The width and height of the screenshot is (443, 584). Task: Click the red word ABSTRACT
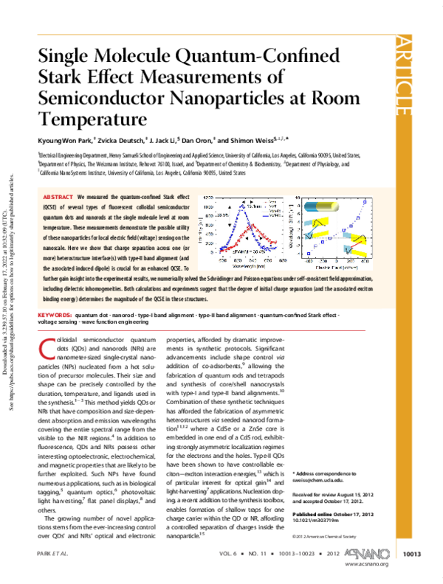pos(58,198)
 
